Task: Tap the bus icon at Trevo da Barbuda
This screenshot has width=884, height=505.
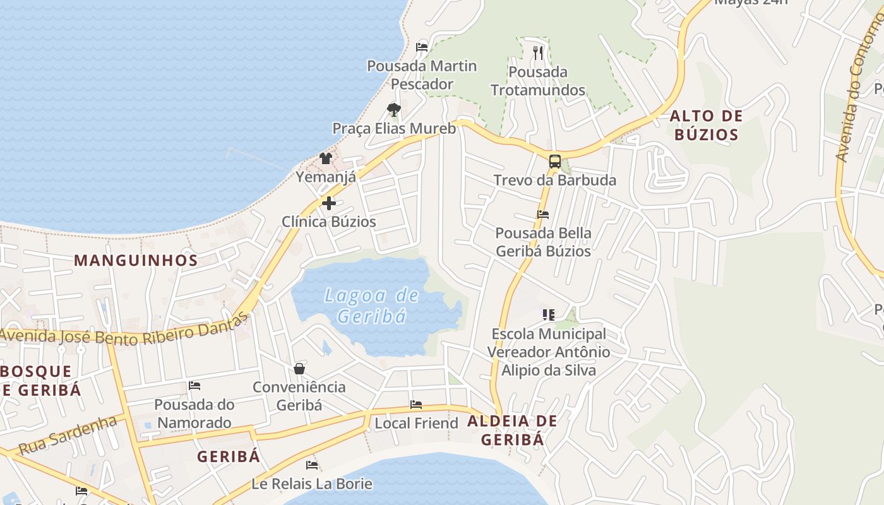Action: click(554, 162)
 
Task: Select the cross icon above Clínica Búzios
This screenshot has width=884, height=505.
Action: click(329, 203)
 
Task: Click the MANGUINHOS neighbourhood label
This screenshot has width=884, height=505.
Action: click(136, 260)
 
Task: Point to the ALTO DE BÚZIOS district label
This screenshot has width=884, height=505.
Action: click(706, 125)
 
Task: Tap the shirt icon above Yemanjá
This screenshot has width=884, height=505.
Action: click(326, 158)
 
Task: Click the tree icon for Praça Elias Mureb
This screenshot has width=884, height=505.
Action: click(394, 110)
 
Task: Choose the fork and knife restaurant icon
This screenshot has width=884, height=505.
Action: click(538, 53)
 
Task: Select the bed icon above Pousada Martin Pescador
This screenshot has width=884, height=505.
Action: click(422, 47)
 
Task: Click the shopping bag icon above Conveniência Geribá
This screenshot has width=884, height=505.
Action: click(299, 369)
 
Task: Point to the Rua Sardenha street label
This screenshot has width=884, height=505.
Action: click(68, 436)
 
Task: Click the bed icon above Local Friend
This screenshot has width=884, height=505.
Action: click(416, 405)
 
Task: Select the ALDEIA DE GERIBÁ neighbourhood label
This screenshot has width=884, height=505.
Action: click(512, 430)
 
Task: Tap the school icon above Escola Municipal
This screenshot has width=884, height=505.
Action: click(548, 314)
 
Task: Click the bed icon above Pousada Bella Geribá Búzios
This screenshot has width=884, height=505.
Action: click(543, 215)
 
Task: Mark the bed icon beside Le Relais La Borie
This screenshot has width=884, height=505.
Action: click(312, 465)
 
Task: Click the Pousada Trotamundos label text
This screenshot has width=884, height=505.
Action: click(538, 81)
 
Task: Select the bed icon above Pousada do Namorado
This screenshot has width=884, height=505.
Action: click(194, 386)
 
